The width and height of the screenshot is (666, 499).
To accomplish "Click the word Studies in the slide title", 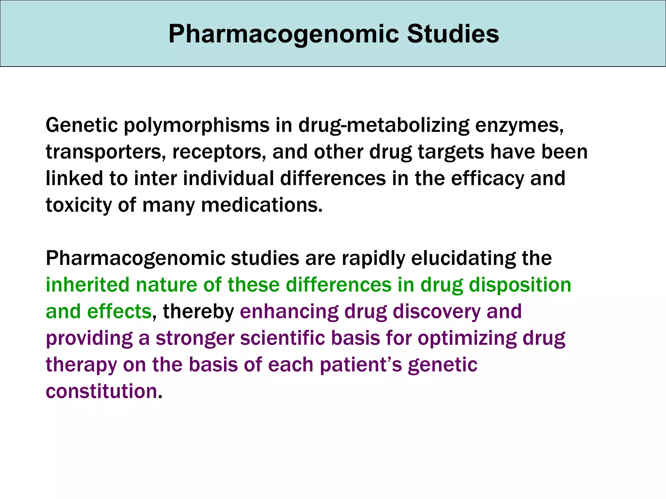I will click(x=453, y=34).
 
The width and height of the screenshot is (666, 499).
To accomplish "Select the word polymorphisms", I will click(x=197, y=125).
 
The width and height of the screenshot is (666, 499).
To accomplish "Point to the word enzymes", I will click(x=519, y=125).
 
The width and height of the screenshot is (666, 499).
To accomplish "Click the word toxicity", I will click(x=78, y=205).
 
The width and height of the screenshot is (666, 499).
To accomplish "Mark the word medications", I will click(x=262, y=205).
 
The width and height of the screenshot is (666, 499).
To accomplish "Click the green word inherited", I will click(x=87, y=285).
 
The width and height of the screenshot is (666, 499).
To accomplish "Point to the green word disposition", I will click(x=520, y=285).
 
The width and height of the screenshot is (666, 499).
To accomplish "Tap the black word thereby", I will click(x=198, y=312).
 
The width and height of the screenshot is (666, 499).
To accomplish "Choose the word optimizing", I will click(x=467, y=338).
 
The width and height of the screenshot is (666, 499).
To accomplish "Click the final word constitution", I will click(x=101, y=391).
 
